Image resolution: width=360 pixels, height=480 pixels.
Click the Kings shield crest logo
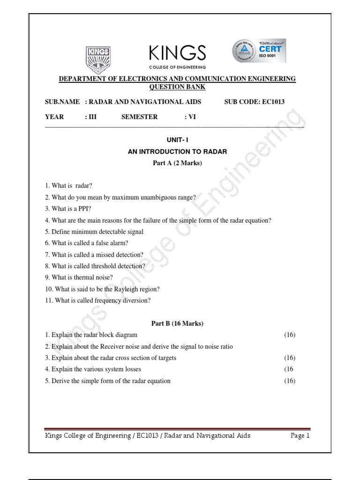(97, 58)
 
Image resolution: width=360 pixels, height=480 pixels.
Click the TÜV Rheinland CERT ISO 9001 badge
(259, 51)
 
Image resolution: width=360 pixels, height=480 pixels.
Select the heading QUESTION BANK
(177, 87)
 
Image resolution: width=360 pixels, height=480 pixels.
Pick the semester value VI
(192, 117)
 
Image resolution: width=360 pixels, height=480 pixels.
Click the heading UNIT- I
(177, 140)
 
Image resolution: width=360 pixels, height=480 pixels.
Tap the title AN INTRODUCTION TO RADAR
(177, 152)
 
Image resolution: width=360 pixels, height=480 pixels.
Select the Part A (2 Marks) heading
(177, 163)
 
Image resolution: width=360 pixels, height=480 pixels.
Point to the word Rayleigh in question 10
(123, 289)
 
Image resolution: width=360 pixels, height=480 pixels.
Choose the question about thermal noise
(79, 277)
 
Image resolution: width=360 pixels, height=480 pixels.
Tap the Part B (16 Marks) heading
(177, 323)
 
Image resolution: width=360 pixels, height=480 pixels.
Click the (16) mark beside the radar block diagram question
(290, 335)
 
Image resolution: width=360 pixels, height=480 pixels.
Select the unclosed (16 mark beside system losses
(289, 369)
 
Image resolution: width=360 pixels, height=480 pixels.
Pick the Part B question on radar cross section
(111, 358)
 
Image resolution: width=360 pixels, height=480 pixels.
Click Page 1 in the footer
(300, 436)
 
